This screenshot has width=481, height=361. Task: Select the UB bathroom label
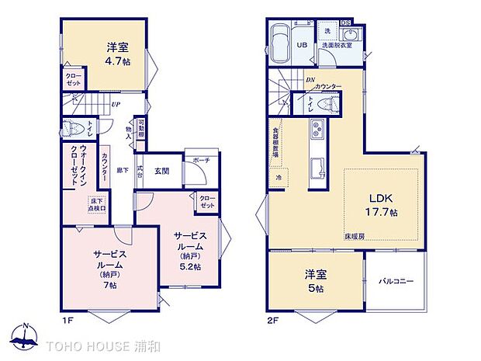302,44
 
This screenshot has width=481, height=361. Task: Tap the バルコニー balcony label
396,280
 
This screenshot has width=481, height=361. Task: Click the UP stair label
115,104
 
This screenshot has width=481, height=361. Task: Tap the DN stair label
309,78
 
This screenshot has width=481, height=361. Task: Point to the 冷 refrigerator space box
279,178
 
